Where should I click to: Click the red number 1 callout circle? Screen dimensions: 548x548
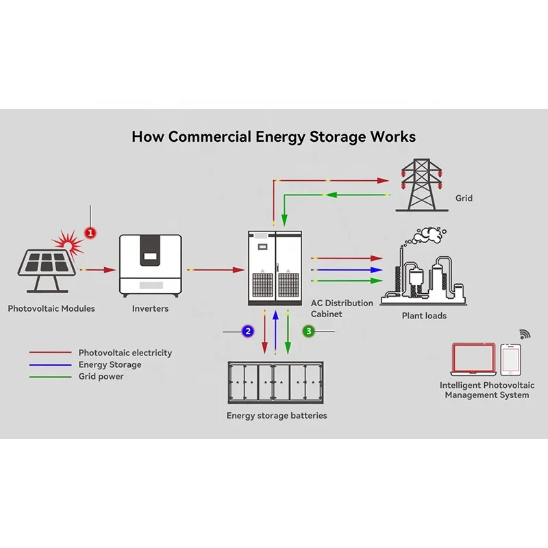[x=90, y=233]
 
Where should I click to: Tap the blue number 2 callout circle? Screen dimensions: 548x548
[x=248, y=332]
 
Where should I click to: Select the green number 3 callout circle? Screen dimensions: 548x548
[x=309, y=332]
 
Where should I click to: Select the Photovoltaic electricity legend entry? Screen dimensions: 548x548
[x=125, y=353]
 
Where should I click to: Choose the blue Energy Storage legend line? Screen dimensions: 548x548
[x=50, y=365]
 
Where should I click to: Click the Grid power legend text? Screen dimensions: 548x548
[x=101, y=377]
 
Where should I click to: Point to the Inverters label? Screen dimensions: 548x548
[x=150, y=309]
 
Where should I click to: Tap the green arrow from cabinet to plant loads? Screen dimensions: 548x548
[x=346, y=281]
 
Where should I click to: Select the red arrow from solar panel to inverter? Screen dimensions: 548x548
[x=99, y=271]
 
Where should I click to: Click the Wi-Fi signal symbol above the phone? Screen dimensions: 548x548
[x=525, y=334]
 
